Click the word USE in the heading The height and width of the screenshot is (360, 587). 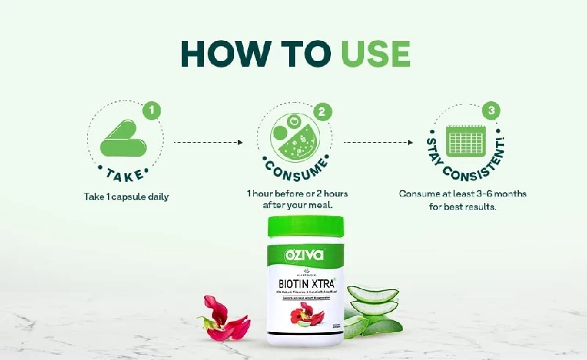coord(374,54)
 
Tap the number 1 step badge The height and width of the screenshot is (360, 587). coord(153,111)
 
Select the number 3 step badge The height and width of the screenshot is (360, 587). coord(490,111)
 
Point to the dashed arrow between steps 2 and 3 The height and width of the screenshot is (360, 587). coord(376,143)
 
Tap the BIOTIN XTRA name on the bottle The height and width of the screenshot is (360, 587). coord(305,281)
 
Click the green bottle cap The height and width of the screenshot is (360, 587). coord(305,229)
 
